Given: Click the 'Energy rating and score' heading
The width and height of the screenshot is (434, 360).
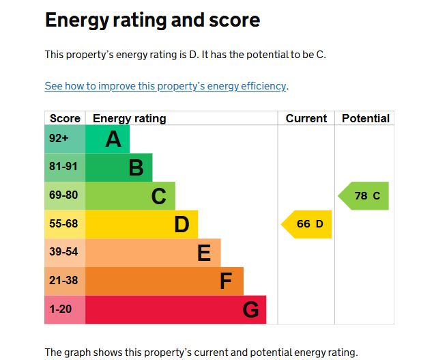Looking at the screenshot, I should point(152,20).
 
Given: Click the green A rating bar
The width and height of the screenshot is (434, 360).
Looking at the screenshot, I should point(108,139).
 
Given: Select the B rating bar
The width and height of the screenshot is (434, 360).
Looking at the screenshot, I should point(119,167).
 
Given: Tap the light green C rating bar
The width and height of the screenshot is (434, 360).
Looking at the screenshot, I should point(130,196).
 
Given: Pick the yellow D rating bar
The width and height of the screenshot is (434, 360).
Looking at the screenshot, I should point(141,224).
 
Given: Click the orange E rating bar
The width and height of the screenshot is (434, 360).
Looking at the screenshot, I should point(153,253).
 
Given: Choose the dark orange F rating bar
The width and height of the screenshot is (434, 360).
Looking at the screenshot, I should point(164,281).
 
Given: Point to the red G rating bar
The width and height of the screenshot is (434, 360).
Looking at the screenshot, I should point(175,309).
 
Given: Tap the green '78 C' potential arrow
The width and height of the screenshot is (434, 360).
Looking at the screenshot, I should point(365,196).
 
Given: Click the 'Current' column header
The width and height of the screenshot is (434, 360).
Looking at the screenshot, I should point(306,118).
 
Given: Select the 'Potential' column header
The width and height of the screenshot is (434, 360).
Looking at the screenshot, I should point(365,118).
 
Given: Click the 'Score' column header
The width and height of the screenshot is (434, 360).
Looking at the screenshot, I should point(65,118).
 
